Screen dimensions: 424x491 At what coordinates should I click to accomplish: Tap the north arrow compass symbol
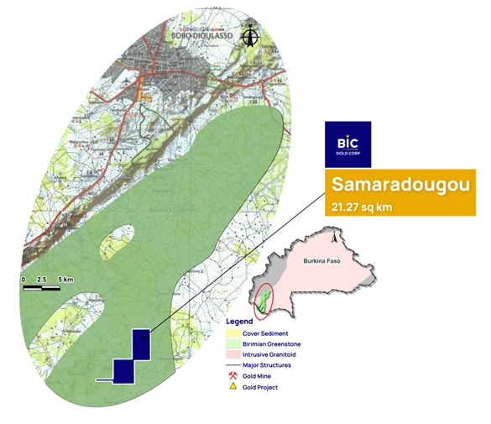[x=249, y=36]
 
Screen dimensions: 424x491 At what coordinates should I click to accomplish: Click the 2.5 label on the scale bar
[x=42, y=279]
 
